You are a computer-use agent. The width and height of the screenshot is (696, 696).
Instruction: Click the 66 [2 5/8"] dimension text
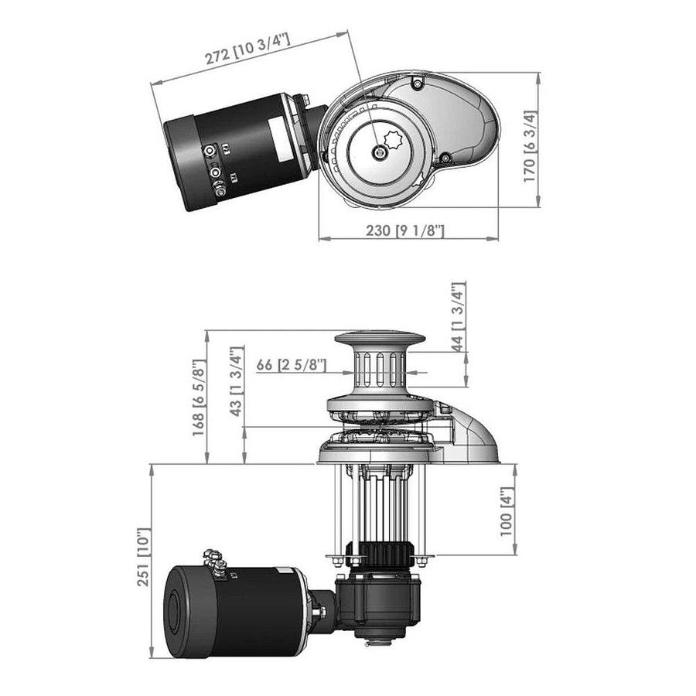[292, 364]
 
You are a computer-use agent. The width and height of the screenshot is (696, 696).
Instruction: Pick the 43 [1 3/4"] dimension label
[237, 381]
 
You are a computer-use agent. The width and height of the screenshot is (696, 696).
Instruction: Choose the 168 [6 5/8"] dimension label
[199, 397]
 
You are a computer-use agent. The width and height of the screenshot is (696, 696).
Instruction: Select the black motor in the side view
[240, 611]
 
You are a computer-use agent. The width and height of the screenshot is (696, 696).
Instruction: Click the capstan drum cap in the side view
[379, 341]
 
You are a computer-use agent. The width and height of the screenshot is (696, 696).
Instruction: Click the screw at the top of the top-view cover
[418, 83]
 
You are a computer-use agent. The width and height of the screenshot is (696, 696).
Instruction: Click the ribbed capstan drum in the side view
[379, 370]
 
